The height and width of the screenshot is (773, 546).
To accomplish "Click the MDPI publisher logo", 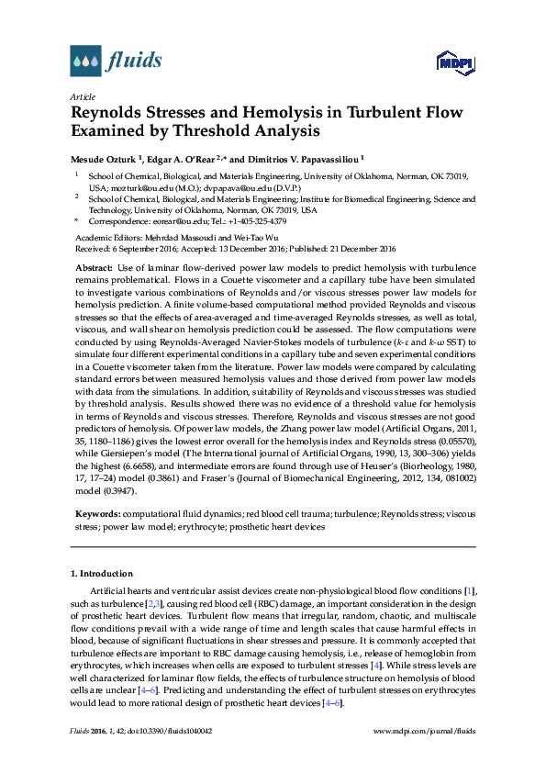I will (455, 63).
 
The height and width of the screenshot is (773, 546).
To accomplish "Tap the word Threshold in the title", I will (195, 132).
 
